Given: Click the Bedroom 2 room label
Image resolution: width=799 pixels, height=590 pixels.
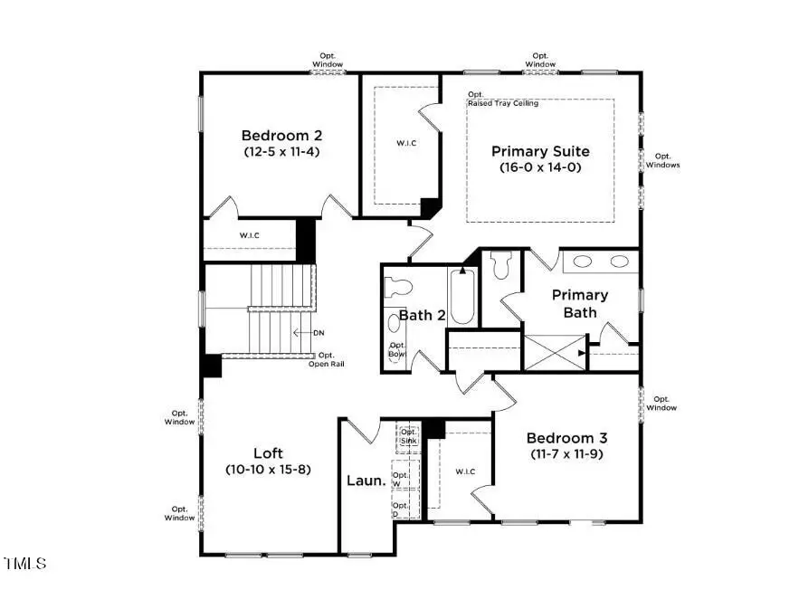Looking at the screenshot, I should pyautogui.click(x=281, y=136).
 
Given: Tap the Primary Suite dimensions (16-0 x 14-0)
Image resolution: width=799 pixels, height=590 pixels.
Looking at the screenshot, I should pyautogui.click(x=540, y=167).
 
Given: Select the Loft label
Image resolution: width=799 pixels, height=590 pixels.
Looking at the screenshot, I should pyautogui.click(x=268, y=453).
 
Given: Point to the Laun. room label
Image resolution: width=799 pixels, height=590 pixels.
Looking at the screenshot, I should pyautogui.click(x=366, y=481).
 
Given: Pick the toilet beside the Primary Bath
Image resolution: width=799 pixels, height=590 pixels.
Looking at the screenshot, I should pyautogui.click(x=501, y=266).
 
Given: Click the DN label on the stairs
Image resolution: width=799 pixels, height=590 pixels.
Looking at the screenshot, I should pyautogui.click(x=318, y=333).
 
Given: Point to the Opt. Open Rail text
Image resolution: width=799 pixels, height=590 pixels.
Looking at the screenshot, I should pyautogui.click(x=325, y=360).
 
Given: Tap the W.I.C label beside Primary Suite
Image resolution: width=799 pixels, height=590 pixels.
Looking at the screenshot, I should pyautogui.click(x=406, y=143).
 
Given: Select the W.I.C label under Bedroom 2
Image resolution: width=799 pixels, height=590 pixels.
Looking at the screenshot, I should pyautogui.click(x=250, y=236).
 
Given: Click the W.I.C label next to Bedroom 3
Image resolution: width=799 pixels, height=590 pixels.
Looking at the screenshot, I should pyautogui.click(x=465, y=471).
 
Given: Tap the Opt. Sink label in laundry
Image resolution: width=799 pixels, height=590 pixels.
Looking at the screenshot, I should pyautogui.click(x=409, y=435).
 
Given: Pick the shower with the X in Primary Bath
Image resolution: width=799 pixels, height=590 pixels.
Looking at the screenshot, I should pyautogui.click(x=555, y=351).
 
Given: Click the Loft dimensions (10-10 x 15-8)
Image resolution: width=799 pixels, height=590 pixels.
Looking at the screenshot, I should pyautogui.click(x=268, y=470).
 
